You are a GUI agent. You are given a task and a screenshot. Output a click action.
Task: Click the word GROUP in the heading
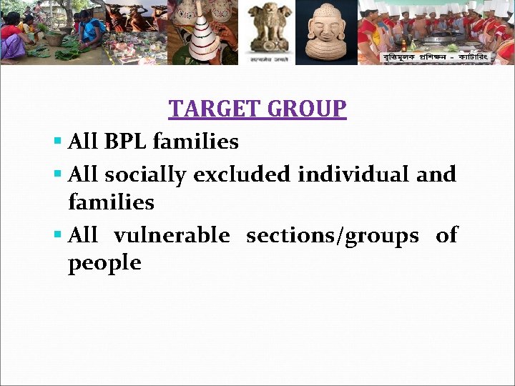308,109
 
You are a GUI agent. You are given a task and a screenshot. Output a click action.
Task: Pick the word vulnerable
172,235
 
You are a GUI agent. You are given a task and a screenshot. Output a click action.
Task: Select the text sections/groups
333,236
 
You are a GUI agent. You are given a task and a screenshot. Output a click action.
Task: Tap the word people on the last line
104,263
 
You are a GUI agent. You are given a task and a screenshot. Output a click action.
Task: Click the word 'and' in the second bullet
436,174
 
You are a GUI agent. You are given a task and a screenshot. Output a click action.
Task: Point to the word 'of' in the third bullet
447,235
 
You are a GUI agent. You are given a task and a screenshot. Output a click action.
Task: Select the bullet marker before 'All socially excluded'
57,174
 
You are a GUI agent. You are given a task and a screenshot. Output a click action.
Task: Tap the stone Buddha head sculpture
325,33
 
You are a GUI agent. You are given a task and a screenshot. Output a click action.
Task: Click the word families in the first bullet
195,142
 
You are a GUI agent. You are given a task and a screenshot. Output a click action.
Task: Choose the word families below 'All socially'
111,203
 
